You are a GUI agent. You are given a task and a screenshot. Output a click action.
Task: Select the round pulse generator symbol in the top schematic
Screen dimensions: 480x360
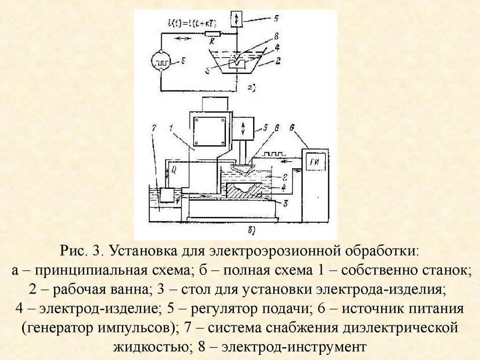click(x=162, y=61)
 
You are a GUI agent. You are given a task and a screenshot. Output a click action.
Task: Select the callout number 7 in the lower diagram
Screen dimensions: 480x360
click(x=153, y=128)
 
